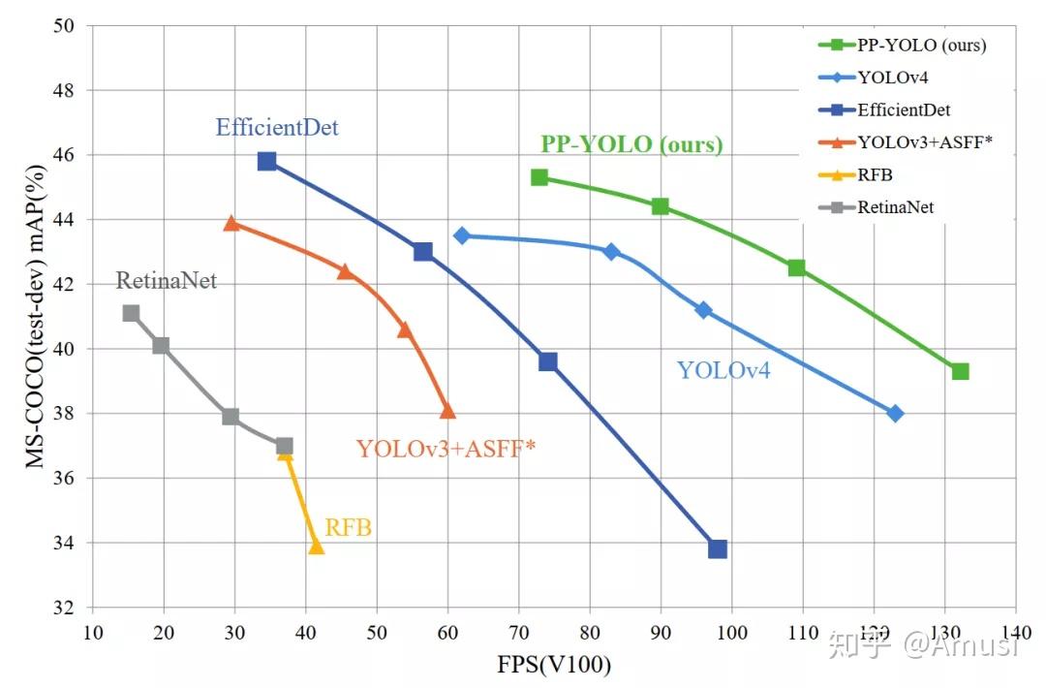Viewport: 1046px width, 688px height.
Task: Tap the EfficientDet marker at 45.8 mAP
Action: [267, 161]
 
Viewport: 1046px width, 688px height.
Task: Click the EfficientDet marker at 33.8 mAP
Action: [718, 549]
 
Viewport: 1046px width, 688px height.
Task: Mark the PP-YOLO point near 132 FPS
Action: [960, 371]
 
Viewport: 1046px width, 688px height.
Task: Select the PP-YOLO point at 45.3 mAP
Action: [539, 177]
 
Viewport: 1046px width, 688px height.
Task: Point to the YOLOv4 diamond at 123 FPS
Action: [895, 414]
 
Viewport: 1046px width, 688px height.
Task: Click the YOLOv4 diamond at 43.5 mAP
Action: [462, 235]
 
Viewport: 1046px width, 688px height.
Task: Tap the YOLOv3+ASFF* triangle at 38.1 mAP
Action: [447, 411]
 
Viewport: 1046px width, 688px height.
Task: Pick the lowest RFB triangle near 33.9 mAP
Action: [316, 547]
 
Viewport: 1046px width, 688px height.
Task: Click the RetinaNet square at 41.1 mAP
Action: [131, 313]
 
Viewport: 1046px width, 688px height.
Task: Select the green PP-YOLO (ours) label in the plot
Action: [631, 144]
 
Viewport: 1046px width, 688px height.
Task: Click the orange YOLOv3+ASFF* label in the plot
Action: [446, 449]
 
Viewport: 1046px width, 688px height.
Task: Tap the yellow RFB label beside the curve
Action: [348, 528]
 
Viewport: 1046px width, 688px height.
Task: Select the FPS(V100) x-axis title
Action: [555, 666]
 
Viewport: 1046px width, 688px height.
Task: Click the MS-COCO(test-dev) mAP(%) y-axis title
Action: [36, 316]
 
